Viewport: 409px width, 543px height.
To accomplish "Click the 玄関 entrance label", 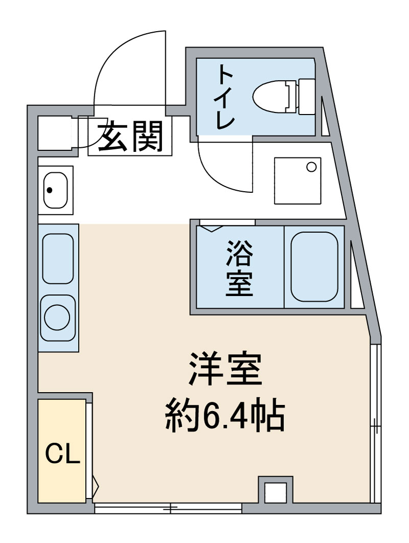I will coord(130,137).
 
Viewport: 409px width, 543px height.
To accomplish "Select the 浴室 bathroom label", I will coord(239,269).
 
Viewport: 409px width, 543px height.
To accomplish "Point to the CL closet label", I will coord(63,453).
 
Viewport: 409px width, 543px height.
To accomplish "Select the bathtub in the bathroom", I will coord(315,268).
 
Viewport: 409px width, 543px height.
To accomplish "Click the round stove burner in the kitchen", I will coord(58,317).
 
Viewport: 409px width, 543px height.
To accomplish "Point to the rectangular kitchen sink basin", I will coord(58,258).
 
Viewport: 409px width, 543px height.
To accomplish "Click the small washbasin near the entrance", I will coord(55,190).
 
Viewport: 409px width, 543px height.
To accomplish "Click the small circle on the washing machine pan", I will coord(311,166).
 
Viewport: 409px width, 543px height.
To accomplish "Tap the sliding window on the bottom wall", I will coord(168,508).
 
